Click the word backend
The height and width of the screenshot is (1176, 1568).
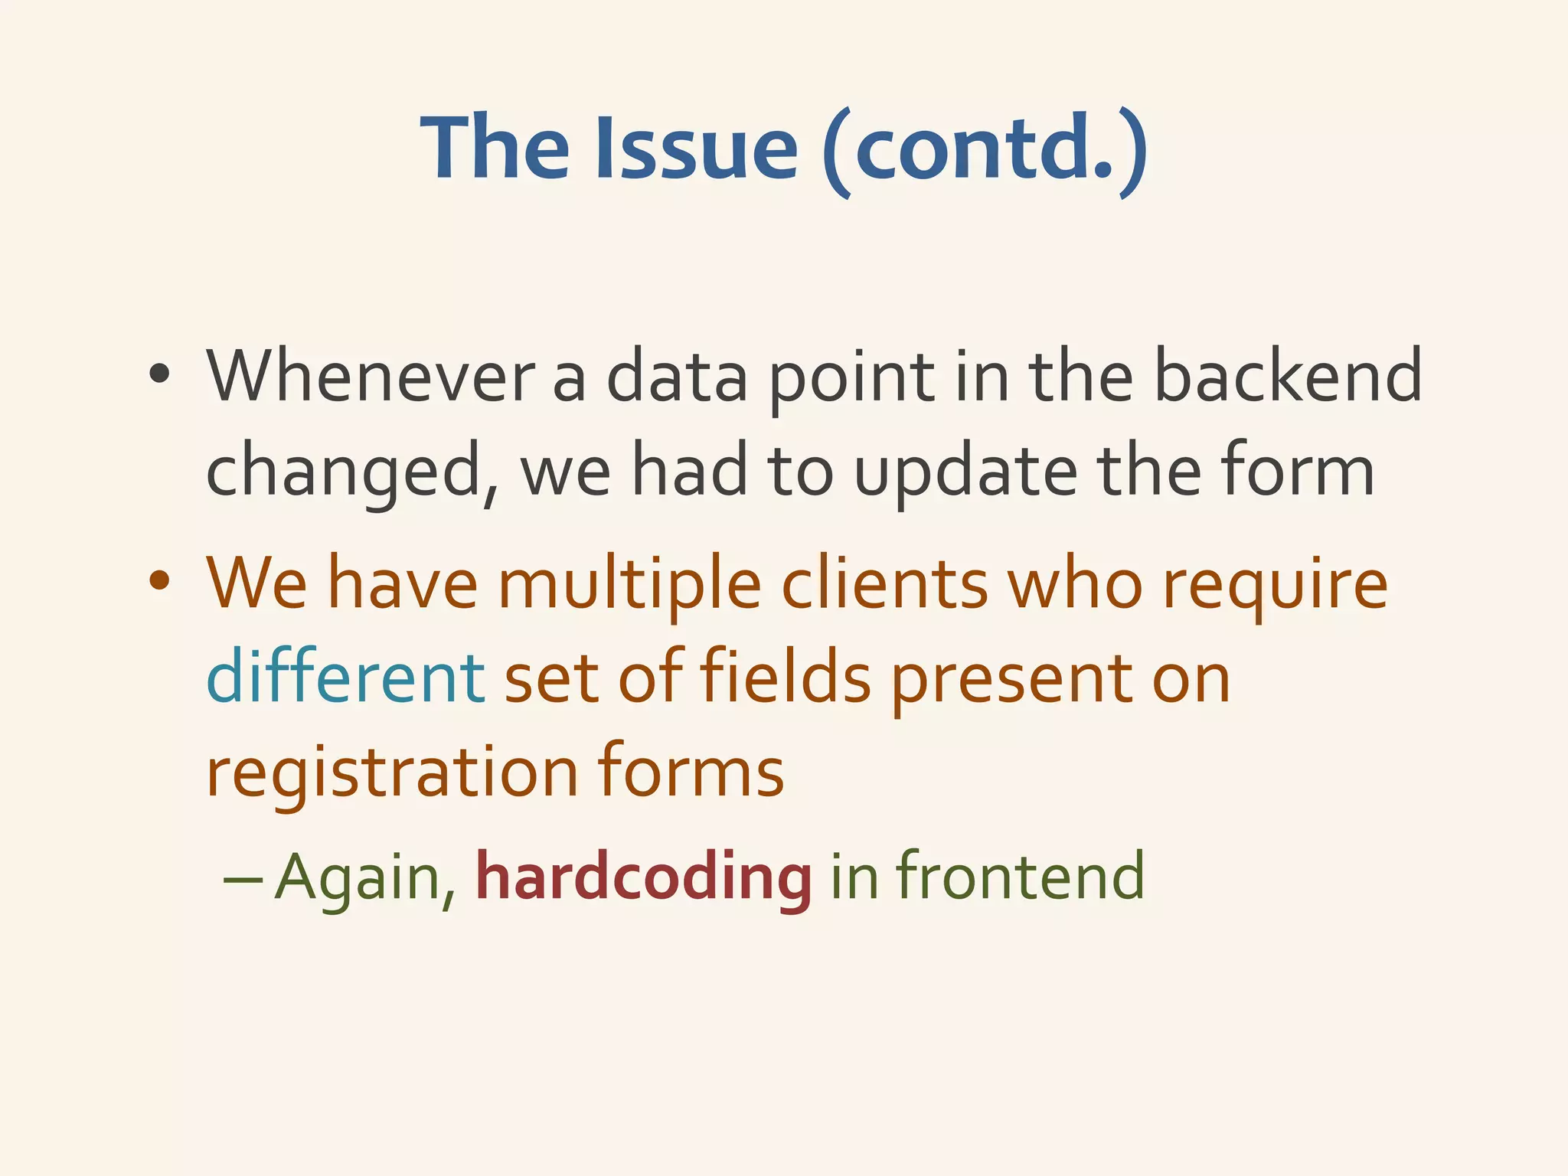coord(1287,376)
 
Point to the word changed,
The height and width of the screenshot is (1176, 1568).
coord(353,473)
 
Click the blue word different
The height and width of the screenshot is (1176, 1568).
coord(345,677)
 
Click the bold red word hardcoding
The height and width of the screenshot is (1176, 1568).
coord(643,877)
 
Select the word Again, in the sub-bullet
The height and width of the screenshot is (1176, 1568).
coord(367,877)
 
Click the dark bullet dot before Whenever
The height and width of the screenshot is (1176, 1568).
coord(159,376)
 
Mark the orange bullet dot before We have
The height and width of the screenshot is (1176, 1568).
coord(159,581)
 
